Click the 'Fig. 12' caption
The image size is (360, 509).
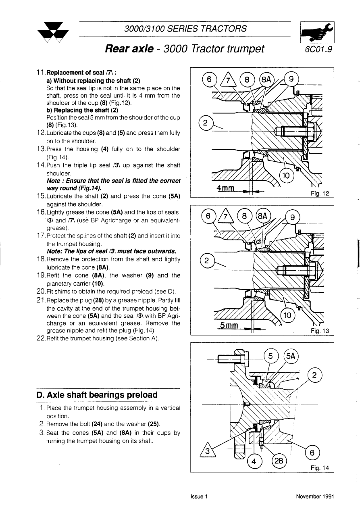tap(320, 194)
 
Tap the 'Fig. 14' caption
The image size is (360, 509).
tap(320, 468)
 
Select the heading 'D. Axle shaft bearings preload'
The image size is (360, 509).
tap(97, 395)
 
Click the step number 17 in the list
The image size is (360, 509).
tap(41, 236)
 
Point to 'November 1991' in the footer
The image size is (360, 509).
tap(315, 496)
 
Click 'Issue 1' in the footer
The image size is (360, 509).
tap(199, 496)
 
